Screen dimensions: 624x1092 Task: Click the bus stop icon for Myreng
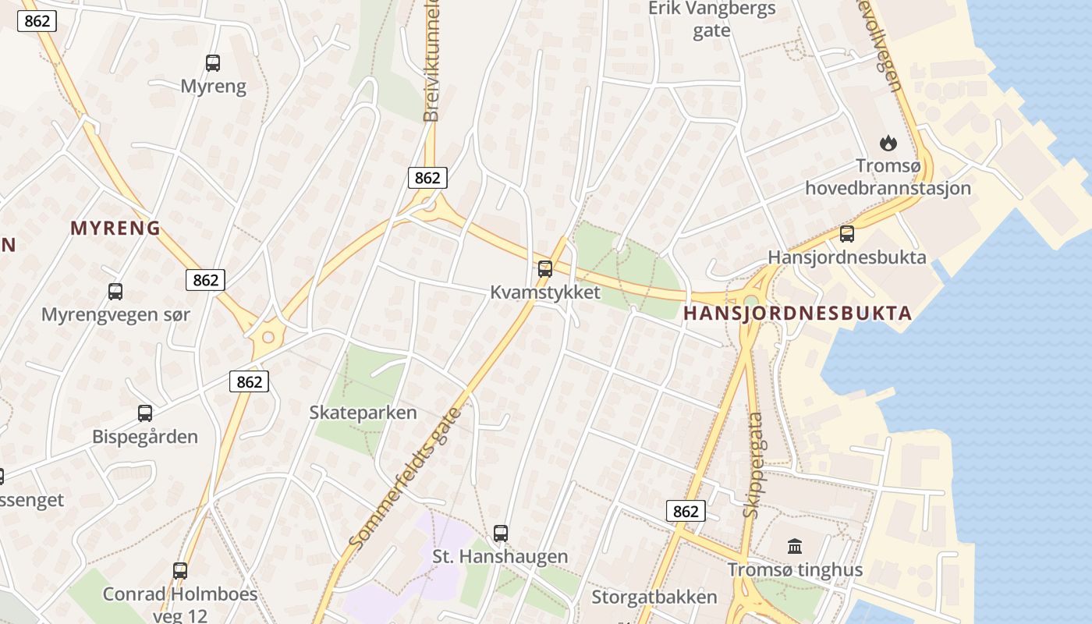click(x=212, y=63)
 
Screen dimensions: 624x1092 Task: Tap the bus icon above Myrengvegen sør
click(x=115, y=292)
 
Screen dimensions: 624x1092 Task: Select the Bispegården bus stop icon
click(x=145, y=413)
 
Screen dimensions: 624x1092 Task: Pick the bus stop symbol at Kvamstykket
click(x=545, y=269)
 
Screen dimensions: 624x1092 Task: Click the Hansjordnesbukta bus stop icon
click(x=846, y=233)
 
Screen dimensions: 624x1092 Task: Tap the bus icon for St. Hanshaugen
click(x=501, y=534)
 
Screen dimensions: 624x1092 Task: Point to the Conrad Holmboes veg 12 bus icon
click(x=180, y=570)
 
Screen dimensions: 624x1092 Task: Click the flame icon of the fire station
click(x=888, y=143)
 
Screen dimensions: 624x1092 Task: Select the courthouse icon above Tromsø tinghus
click(x=795, y=546)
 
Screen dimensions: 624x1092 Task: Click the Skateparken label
click(x=363, y=413)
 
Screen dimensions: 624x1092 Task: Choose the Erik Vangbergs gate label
click(x=712, y=19)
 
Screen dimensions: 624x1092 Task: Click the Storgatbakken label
click(x=654, y=597)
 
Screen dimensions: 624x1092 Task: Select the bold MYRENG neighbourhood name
click(x=115, y=229)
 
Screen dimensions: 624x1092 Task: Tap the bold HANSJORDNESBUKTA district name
click(x=797, y=314)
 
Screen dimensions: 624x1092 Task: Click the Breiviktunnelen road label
click(x=431, y=62)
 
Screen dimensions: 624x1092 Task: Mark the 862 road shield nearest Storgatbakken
click(x=686, y=511)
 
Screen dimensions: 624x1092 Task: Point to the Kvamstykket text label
click(x=545, y=292)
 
